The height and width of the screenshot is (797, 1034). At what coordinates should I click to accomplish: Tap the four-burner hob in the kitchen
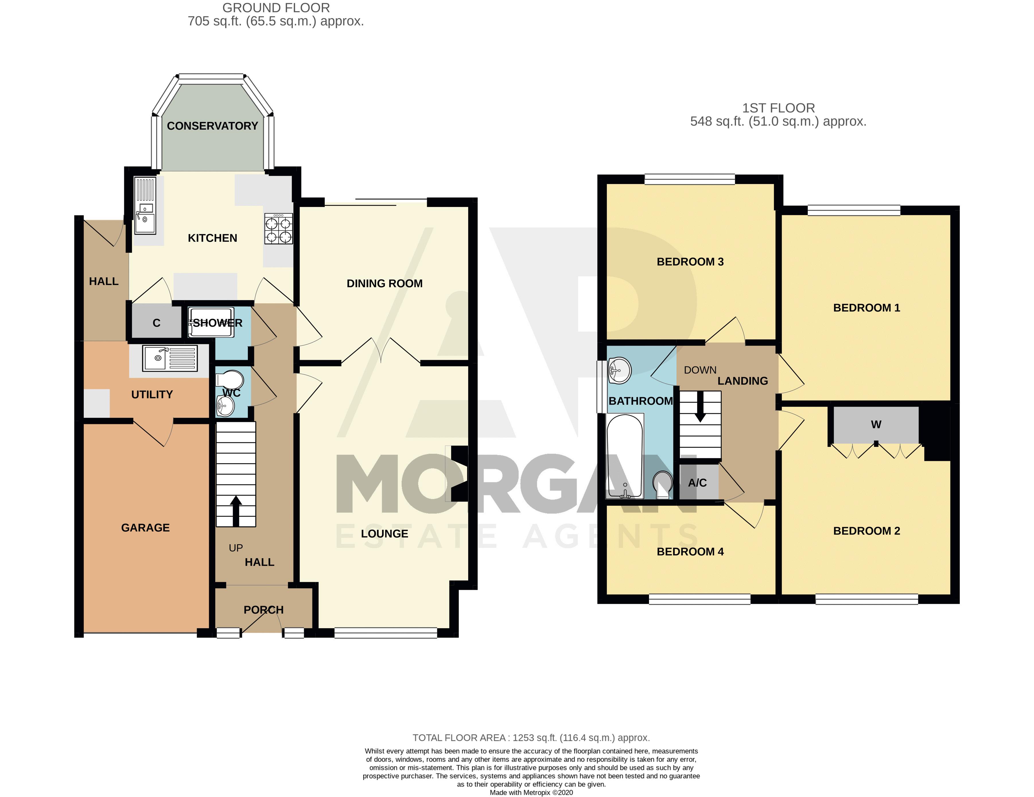click(x=278, y=229)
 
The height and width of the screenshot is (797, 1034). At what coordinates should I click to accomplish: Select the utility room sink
click(x=170, y=358)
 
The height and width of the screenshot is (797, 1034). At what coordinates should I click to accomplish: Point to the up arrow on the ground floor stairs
click(x=236, y=511)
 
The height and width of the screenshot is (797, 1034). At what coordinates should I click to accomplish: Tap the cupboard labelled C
click(x=156, y=322)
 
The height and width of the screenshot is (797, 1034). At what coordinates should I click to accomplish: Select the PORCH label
click(x=263, y=610)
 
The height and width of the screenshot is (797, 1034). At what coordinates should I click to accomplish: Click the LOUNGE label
click(x=384, y=534)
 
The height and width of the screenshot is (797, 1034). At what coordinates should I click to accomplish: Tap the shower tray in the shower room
click(x=211, y=323)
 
